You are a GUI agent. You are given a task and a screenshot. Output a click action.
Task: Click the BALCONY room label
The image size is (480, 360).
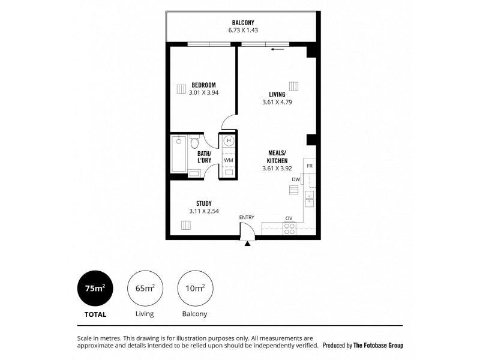[x=243, y=22]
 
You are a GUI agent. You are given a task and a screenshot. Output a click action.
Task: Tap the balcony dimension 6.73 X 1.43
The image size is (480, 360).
[x=243, y=30]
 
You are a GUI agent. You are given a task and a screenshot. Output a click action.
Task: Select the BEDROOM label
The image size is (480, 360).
[x=203, y=85]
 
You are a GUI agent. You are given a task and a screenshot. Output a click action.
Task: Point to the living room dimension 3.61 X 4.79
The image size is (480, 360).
[x=277, y=103]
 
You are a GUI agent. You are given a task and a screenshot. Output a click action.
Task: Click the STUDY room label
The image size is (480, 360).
[x=203, y=203]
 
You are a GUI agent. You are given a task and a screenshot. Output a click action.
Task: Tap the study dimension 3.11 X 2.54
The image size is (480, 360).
[x=203, y=211]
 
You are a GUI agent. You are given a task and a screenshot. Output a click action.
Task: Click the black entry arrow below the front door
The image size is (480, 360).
[x=247, y=243]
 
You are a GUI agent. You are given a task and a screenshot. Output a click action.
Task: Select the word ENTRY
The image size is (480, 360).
[x=247, y=217]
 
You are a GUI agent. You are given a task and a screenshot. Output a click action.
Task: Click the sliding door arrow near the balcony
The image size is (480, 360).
[x=277, y=50]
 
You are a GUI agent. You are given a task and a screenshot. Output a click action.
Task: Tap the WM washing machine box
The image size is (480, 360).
[x=229, y=161]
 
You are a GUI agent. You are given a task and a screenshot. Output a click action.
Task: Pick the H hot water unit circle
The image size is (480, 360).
[x=229, y=142]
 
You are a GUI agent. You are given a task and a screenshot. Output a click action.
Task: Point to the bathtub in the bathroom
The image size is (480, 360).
[x=179, y=154]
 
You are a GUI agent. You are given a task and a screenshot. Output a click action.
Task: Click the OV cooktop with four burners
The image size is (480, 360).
[x=289, y=228]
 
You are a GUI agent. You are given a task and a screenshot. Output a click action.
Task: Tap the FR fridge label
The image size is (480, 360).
[x=310, y=166]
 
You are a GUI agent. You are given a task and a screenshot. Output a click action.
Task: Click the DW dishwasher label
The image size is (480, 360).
[x=296, y=179]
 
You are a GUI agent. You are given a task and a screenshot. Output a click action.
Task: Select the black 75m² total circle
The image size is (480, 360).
[x=95, y=288]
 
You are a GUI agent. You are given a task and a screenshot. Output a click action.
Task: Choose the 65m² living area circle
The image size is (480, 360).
[x=145, y=288]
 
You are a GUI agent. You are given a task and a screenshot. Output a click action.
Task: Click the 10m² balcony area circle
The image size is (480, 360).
[x=195, y=288]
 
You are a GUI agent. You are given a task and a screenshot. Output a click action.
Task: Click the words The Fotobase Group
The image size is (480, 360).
[x=378, y=346]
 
